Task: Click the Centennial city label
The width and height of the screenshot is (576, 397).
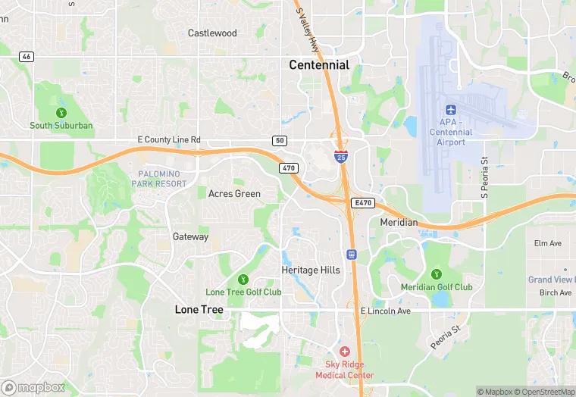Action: coord(319,65)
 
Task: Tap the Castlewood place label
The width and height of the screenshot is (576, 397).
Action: coord(212,33)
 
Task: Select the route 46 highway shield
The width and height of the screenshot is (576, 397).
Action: coord(27,57)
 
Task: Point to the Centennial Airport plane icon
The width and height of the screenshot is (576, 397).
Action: coord(455,108)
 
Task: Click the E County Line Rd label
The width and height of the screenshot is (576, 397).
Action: coord(169,140)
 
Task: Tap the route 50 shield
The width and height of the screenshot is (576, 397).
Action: coord(280,141)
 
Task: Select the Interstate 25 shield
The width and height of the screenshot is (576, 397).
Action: coord(341,157)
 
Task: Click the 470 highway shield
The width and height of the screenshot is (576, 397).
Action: coord(287,168)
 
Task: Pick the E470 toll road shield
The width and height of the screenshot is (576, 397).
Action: coord(362,203)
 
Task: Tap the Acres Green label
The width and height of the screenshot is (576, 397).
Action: coord(234,194)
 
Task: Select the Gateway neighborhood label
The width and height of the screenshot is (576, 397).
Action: coord(190,237)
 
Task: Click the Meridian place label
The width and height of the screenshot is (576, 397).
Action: coord(399,223)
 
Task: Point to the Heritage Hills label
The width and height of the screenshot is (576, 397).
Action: coord(311,270)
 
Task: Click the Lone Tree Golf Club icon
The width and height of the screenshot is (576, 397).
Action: coord(243,280)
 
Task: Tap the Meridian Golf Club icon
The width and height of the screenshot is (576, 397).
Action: coord(436,274)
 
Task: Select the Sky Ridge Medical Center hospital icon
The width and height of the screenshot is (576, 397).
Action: coord(345,352)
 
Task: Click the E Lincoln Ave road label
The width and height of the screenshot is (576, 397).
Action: coord(385,311)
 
